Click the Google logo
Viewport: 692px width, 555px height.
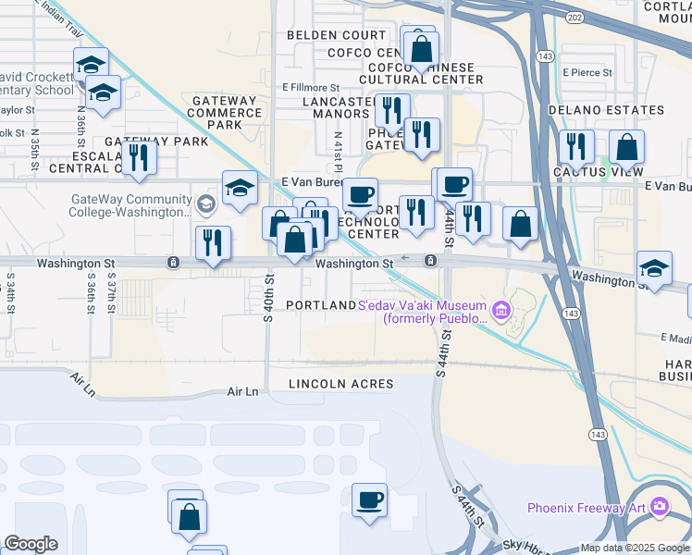31,544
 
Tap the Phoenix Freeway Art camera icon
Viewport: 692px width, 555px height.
659,506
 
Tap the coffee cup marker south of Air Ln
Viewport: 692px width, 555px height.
370,501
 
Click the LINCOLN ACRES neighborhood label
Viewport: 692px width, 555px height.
340,383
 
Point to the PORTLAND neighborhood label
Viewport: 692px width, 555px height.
320,305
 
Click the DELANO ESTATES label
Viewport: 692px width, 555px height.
606,110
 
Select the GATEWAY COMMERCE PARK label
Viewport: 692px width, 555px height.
223,112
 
